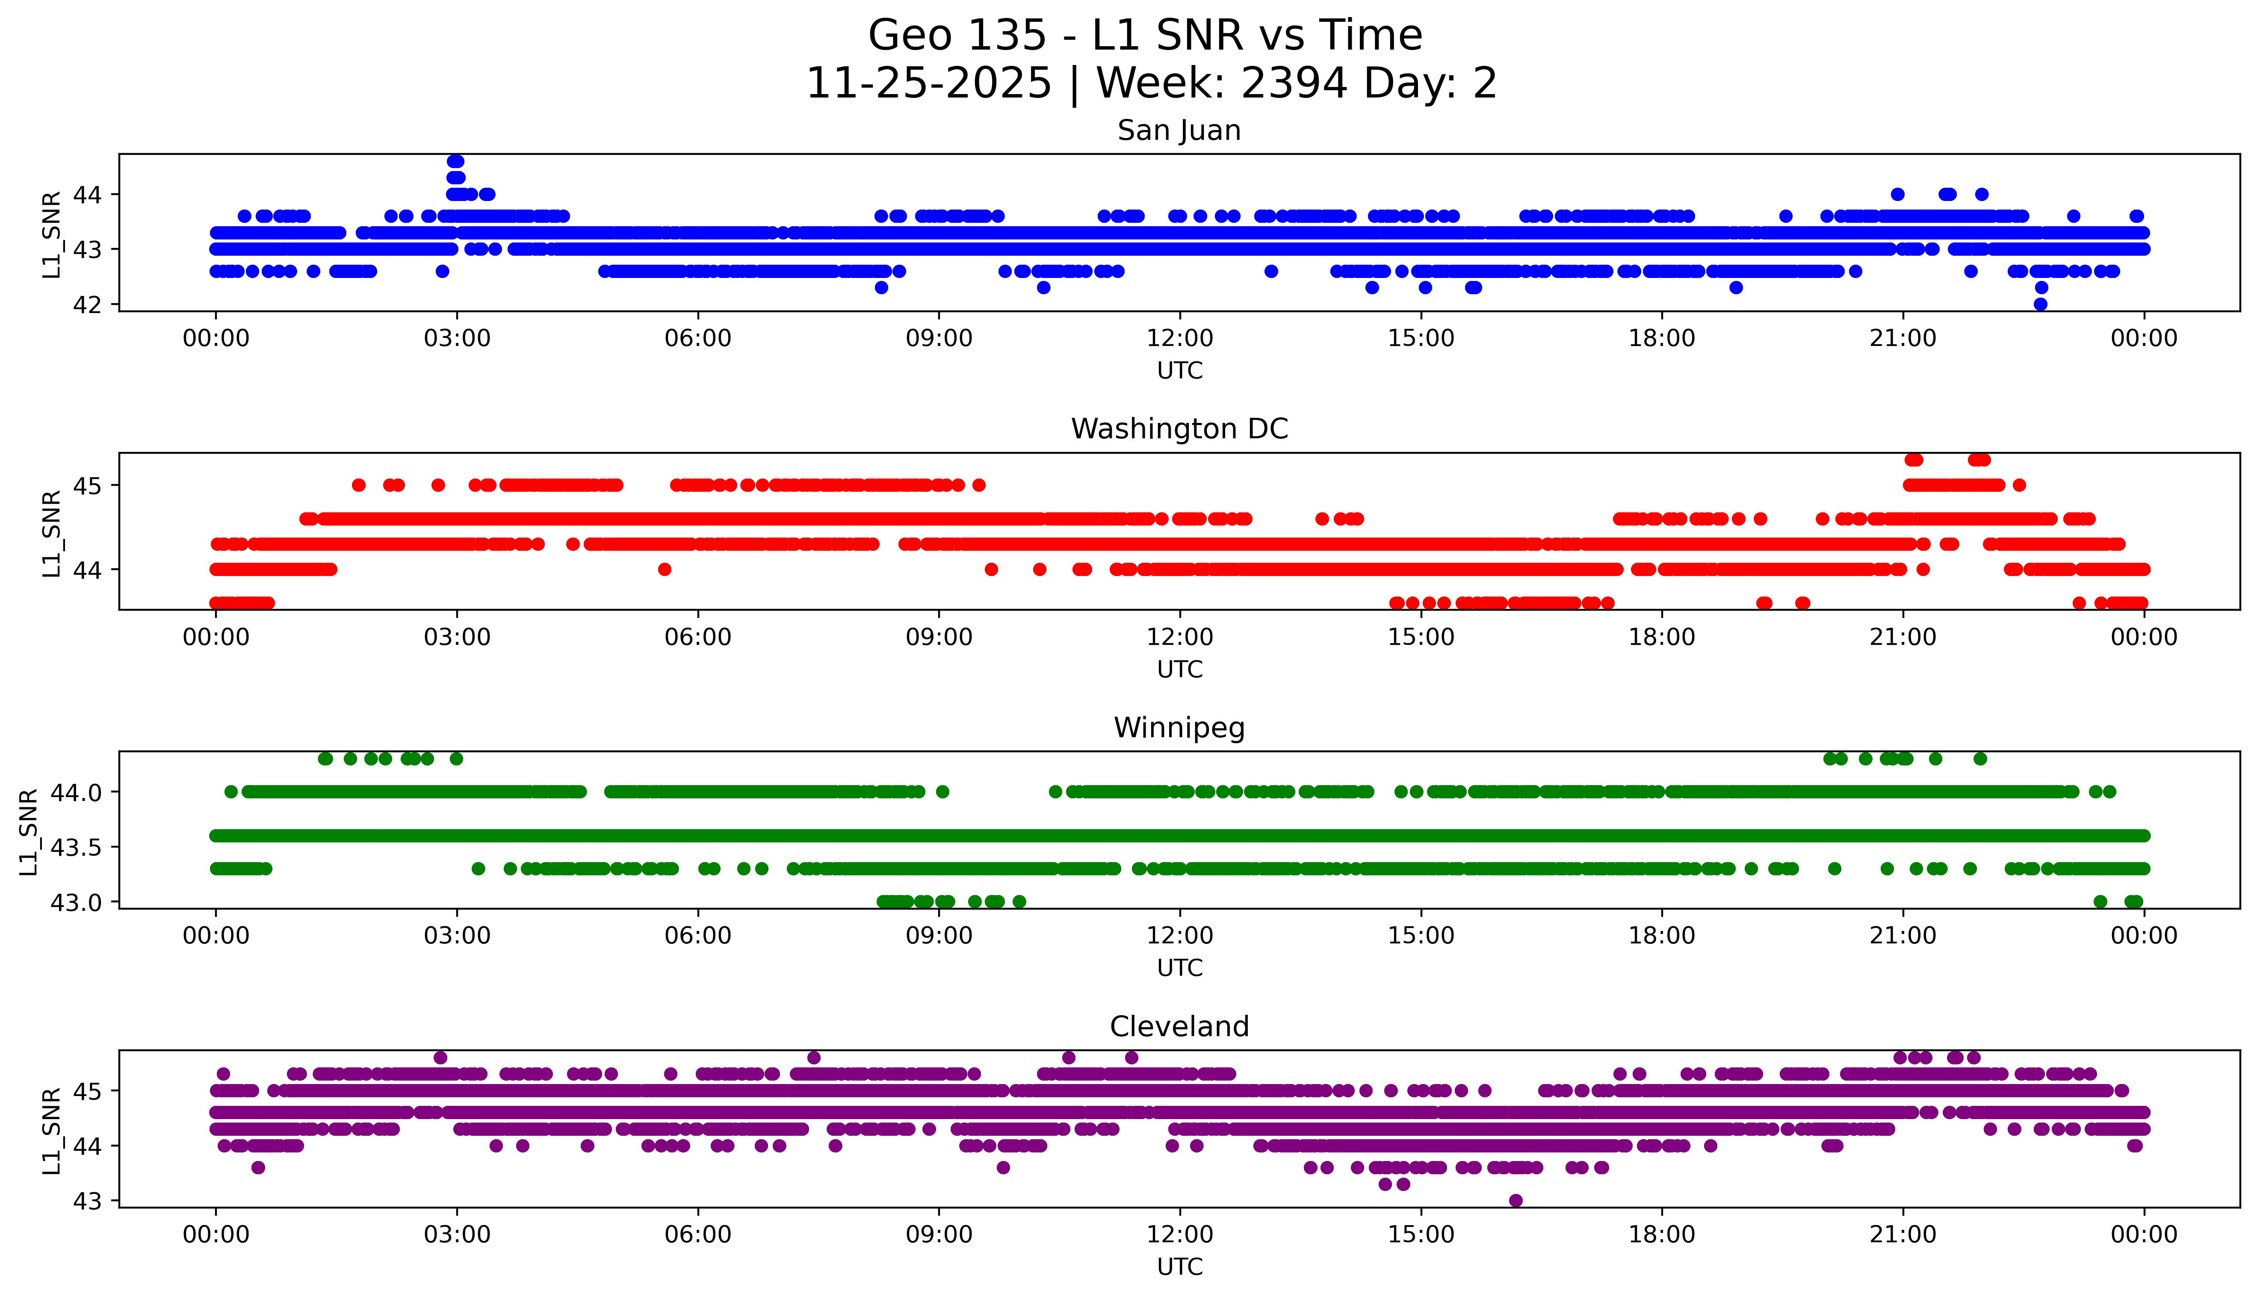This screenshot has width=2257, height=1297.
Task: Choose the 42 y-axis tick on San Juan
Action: tap(87, 304)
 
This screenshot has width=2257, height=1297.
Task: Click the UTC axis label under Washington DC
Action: tap(1179, 669)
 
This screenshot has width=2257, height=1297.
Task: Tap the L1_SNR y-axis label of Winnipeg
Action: tap(29, 831)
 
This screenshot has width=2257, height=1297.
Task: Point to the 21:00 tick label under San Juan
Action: tap(1902, 339)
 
